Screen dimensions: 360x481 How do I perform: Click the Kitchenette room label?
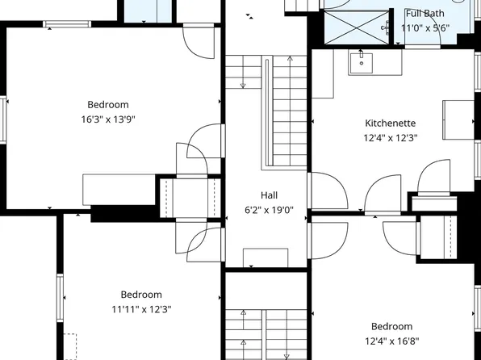tap(390, 123)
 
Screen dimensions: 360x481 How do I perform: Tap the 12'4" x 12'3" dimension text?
tap(390, 138)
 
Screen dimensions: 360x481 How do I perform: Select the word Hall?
tap(269, 195)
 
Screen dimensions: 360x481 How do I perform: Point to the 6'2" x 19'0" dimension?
tap(269, 210)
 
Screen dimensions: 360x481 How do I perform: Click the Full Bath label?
tap(425, 13)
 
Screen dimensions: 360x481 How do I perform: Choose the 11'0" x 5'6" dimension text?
tap(425, 27)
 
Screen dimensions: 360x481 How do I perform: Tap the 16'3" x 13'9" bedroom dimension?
tap(108, 119)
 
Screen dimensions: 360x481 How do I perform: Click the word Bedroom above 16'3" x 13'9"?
tap(108, 104)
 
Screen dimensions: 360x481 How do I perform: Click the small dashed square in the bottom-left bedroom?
tap(70, 345)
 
